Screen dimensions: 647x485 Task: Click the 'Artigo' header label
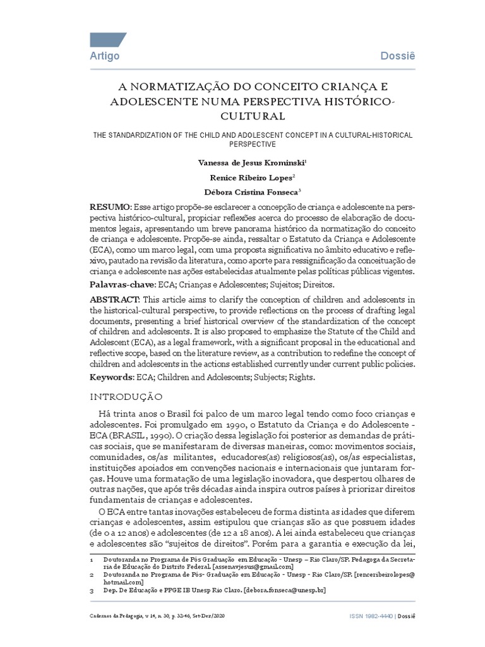(x=105, y=56)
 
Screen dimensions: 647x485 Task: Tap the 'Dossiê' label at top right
(x=398, y=56)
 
